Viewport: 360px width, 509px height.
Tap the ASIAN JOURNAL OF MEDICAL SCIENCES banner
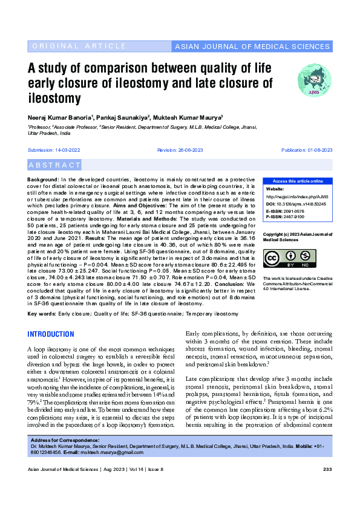251,47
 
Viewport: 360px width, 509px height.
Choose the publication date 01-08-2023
313,149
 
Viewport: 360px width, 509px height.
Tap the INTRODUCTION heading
57,334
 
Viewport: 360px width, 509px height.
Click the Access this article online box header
297,181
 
